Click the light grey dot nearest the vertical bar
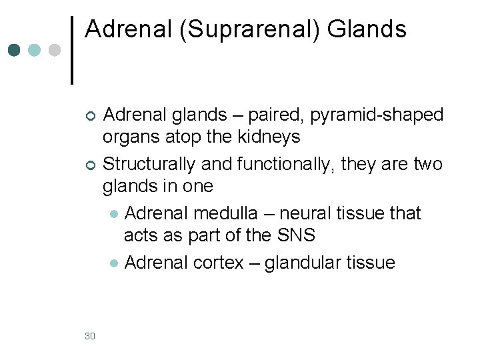point(55,51)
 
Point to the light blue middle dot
point(35,51)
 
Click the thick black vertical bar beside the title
point(71,50)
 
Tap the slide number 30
point(90,336)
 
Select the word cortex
point(219,263)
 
